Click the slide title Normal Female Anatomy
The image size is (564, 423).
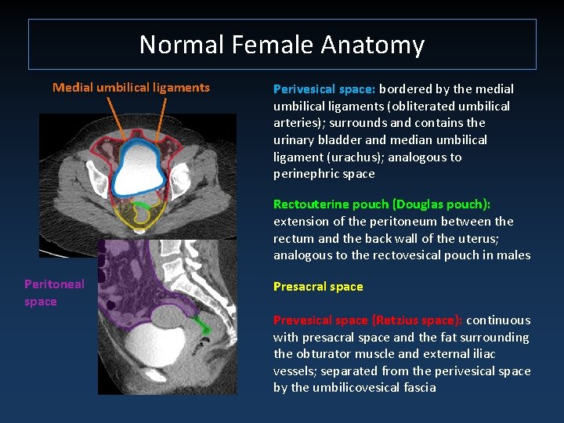point(282,45)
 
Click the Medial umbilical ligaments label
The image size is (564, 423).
point(131,88)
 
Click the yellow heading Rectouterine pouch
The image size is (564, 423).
point(332,204)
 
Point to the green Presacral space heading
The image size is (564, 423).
point(318,287)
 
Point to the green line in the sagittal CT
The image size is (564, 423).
point(201,322)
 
